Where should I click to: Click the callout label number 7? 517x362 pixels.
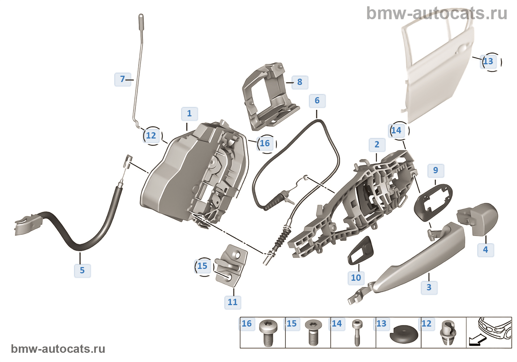tap(123, 79)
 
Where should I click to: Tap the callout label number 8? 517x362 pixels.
tap(300, 82)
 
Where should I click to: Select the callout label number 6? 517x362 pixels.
tap(317, 101)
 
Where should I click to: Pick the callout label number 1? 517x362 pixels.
tap(189, 114)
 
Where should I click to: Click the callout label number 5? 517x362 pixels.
tap(82, 270)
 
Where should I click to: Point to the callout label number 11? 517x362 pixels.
tap(233, 303)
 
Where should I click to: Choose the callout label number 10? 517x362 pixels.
tap(356, 278)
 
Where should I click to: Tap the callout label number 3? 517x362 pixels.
tap(429, 288)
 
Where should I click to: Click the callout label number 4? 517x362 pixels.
tap(486, 250)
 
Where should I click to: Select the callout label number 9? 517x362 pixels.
tap(436, 171)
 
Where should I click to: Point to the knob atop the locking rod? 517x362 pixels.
tap(141, 22)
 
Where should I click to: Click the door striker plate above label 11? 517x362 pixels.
tap(231, 266)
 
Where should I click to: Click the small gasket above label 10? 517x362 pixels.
tap(360, 250)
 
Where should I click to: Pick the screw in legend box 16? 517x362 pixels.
tap(268, 333)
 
